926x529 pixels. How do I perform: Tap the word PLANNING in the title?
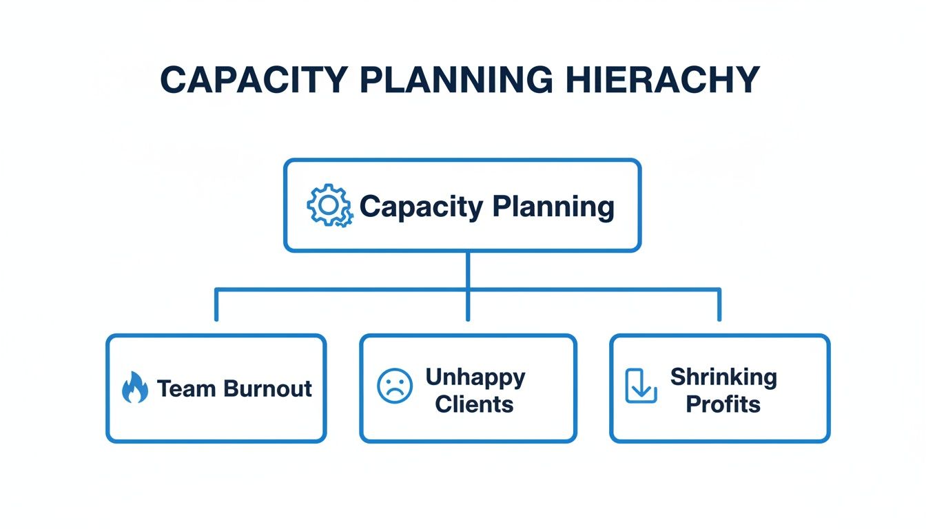pos(456,81)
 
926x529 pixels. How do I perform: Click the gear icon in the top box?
pos(329,205)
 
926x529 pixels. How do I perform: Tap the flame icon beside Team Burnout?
pos(134,388)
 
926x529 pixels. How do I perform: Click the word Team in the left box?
pos(181,388)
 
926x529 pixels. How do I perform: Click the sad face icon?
pos(395,386)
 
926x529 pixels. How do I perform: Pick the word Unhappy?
pos(475,377)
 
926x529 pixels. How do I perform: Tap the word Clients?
pos(475,404)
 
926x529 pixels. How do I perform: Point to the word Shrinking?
pos(723,377)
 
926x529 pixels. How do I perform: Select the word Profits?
pos(723,404)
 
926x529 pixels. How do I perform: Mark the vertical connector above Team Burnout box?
pos(216,306)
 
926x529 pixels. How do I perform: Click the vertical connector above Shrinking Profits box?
pos(719,306)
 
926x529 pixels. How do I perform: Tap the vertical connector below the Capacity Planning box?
pos(468,270)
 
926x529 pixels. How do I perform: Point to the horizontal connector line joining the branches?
pos(344,290)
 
